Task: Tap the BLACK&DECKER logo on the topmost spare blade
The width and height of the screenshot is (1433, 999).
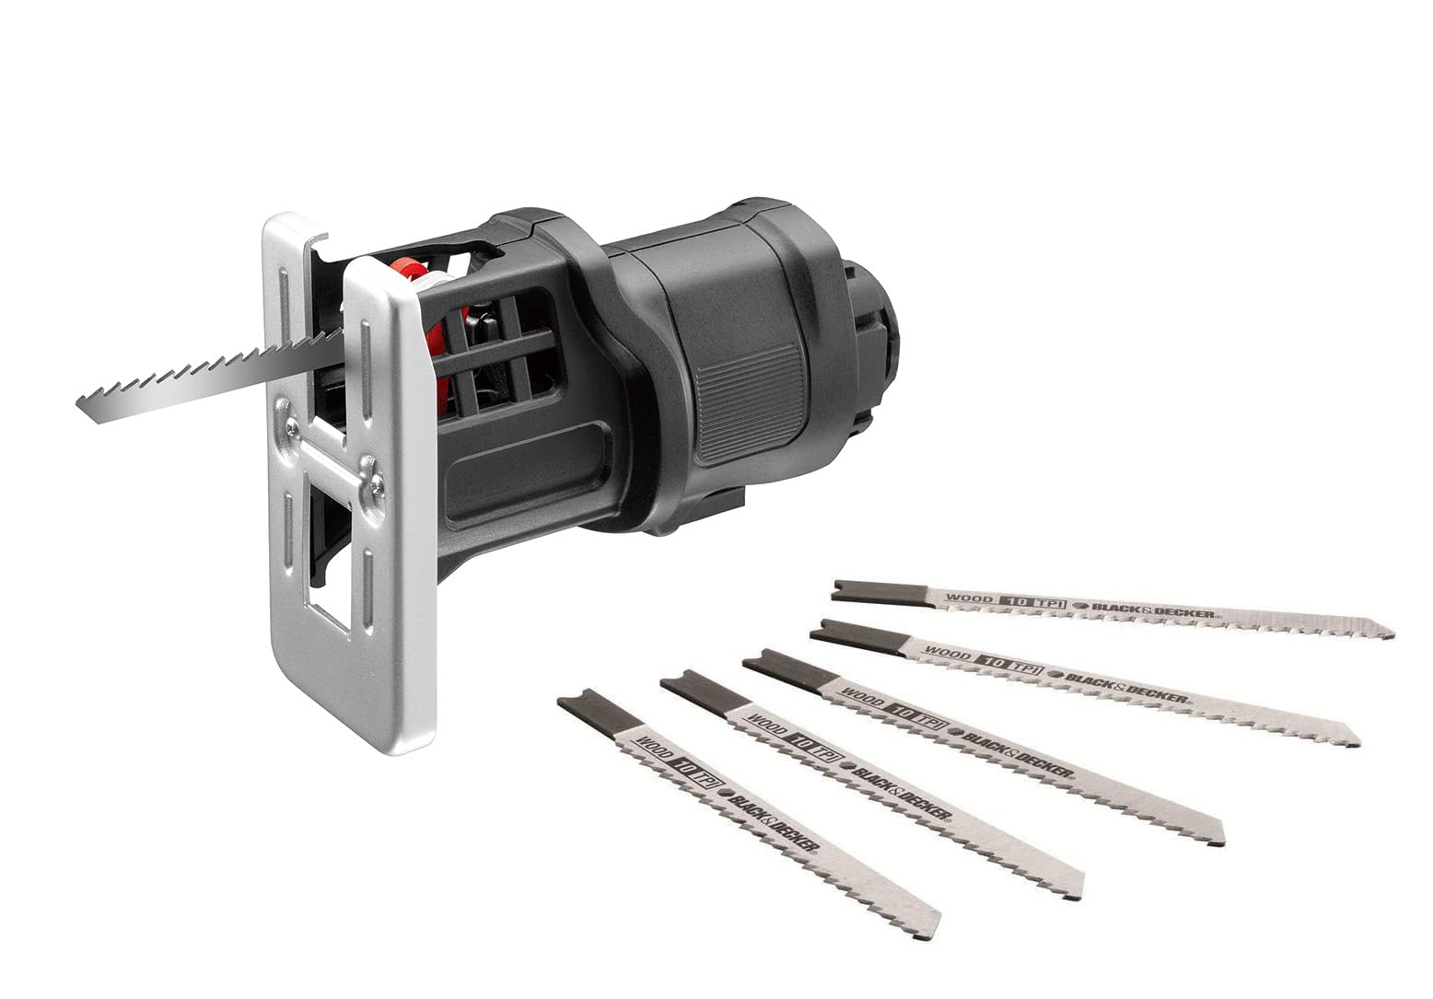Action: pyautogui.click(x=1151, y=610)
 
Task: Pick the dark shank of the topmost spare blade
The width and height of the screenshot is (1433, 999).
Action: pyautogui.click(x=875, y=590)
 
